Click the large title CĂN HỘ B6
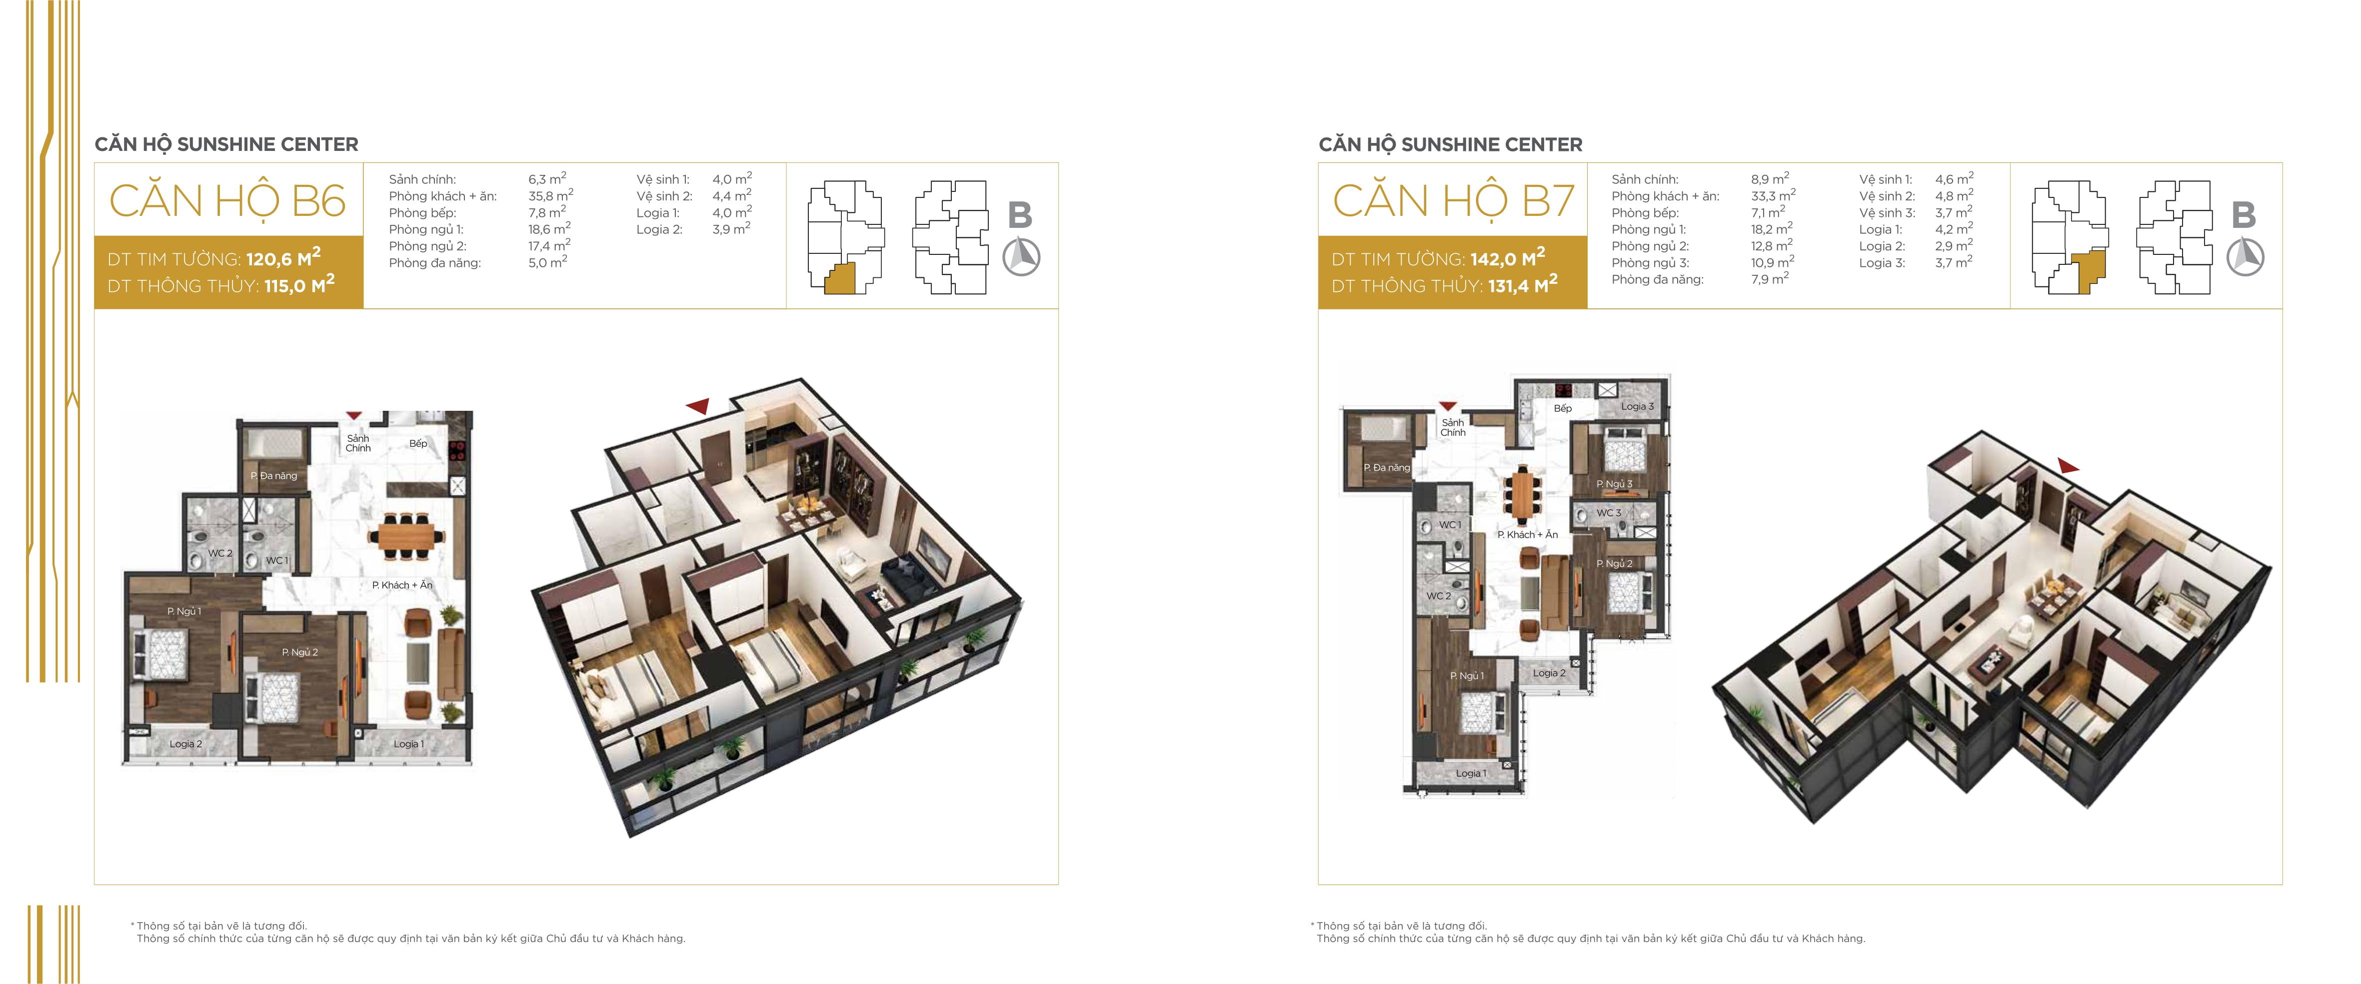coord(227,201)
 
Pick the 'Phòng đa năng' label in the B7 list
coord(1657,279)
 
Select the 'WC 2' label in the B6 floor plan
coord(220,553)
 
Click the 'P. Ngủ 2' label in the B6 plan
coord(300,652)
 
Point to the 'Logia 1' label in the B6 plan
coord(409,744)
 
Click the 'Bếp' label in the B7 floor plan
coord(1563,409)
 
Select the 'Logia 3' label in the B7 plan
coord(1638,407)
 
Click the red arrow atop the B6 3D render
coord(697,406)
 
